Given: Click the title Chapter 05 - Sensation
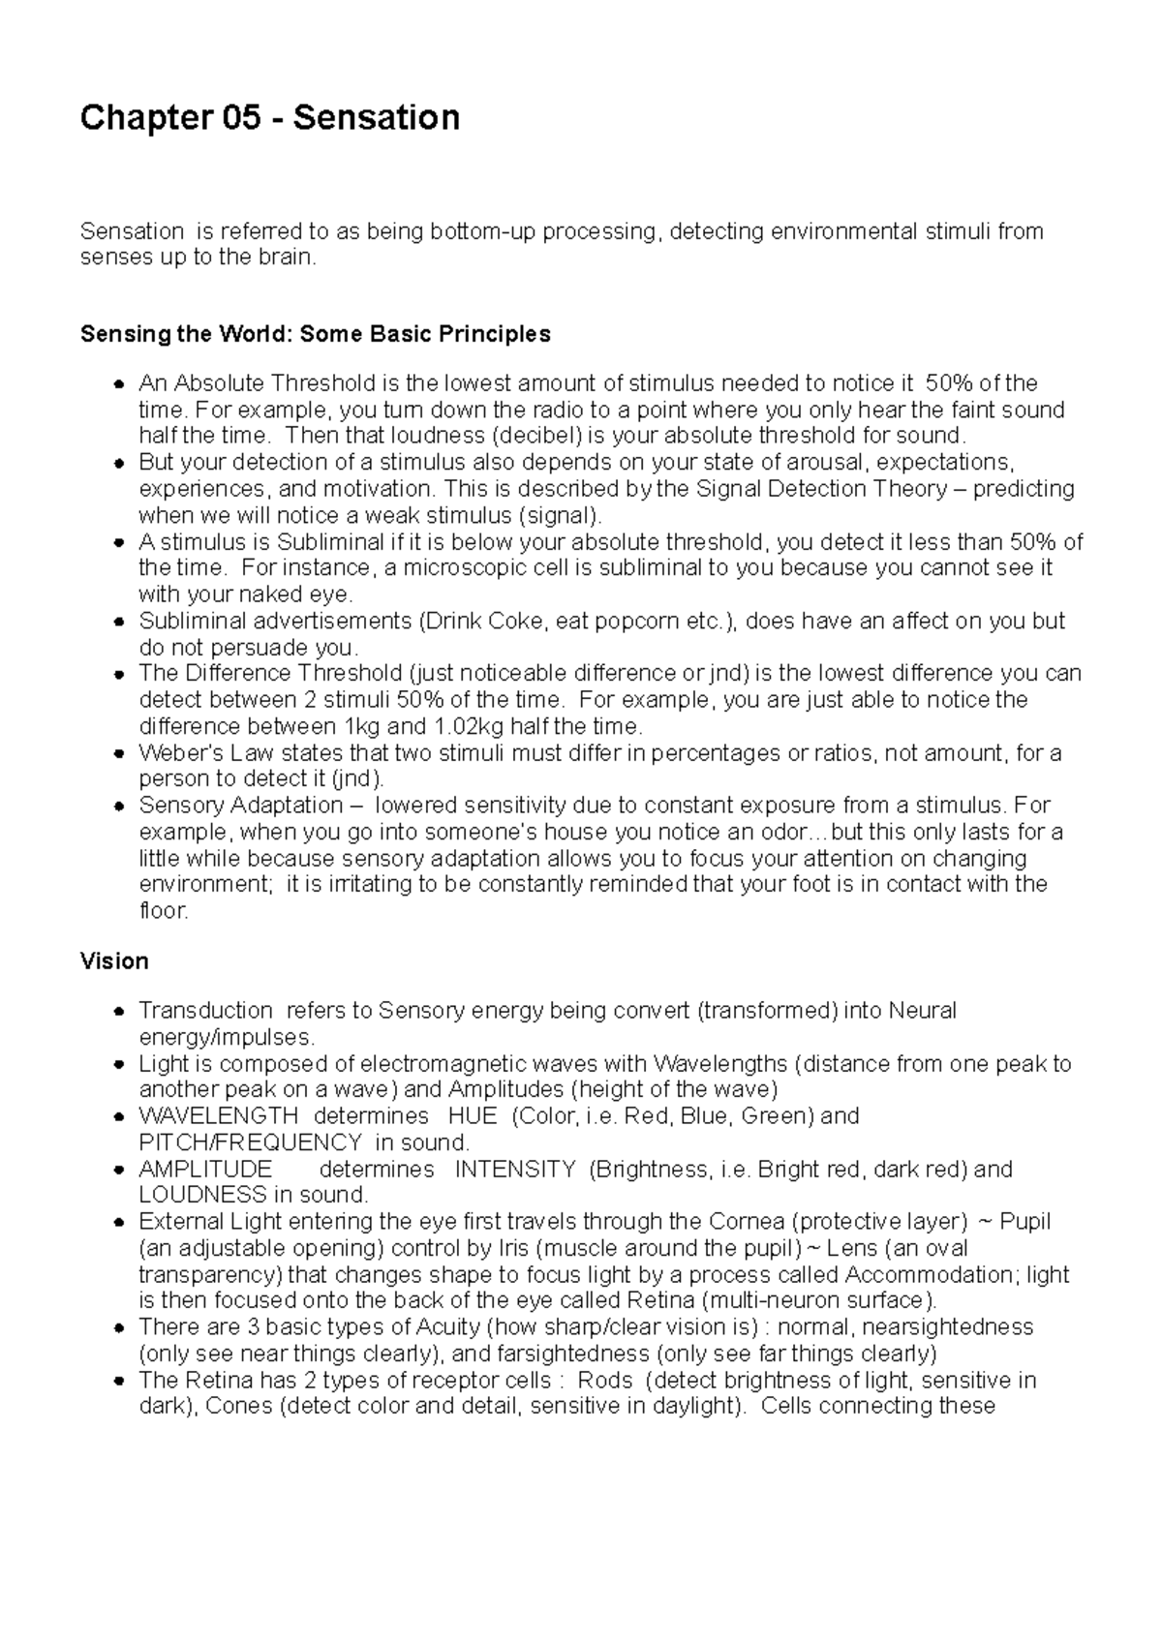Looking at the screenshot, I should click(269, 118).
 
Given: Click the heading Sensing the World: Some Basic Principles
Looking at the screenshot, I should click(315, 334).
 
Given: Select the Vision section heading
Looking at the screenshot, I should click(114, 961).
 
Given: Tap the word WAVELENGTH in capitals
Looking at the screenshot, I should click(218, 1116).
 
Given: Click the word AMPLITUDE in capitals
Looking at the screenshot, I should click(205, 1170).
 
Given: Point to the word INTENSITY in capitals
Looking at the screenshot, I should click(515, 1170).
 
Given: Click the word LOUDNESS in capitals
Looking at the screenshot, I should click(202, 1195).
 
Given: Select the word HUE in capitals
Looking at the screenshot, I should click(473, 1116).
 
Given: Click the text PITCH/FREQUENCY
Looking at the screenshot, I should click(251, 1142).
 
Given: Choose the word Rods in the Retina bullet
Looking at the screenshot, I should click(604, 1380).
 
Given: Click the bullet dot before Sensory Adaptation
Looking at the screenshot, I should click(118, 807).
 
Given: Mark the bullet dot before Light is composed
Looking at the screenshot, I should click(118, 1064).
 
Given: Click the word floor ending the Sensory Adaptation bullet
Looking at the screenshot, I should click(162, 911).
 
